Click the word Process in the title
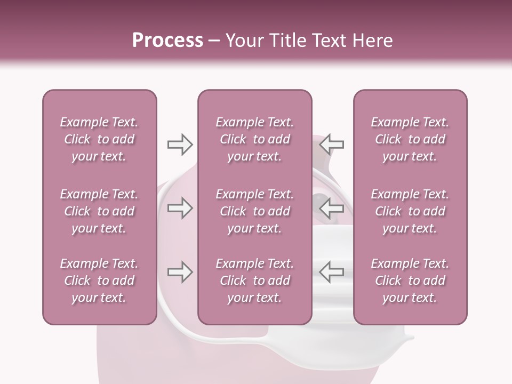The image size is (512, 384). pos(167,41)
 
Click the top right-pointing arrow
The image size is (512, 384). pos(180,145)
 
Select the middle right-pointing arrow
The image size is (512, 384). pos(180,208)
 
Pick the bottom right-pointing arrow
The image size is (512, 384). pos(180,272)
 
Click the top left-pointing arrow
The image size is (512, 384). pos(332,145)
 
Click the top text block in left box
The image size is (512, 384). pos(99,139)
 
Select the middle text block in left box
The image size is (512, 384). pos(99,211)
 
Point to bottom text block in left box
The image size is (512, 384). pos(99,281)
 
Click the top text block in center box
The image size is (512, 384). pos(255,139)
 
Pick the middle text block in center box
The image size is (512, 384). pos(255,211)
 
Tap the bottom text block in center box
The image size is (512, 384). pos(255,281)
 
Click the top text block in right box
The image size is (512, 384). pos(410,139)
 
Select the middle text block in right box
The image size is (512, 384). pos(410,211)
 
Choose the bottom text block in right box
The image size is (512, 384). pos(410,281)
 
